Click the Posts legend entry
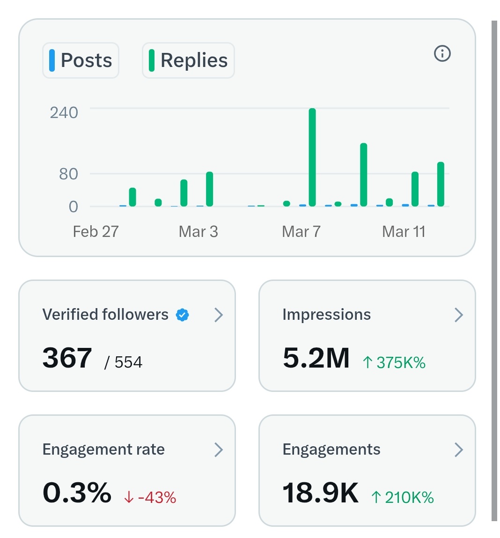tap(81, 60)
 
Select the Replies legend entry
tap(188, 60)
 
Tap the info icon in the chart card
tap(442, 53)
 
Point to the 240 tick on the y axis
tap(64, 112)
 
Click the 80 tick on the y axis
tap(68, 174)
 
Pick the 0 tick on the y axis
tap(74, 206)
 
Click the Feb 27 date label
tap(96, 231)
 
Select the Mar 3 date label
tap(198, 231)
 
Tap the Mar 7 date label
tap(301, 231)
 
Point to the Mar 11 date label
tap(404, 231)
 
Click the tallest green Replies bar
tap(312, 157)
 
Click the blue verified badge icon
tap(182, 315)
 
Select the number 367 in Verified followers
tap(67, 358)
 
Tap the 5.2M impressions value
tap(316, 358)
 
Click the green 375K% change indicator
tap(394, 362)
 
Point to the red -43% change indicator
tap(150, 497)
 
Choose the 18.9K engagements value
tap(320, 493)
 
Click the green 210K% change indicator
tap(403, 497)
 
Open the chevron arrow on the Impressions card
tap(458, 315)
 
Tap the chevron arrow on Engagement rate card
tap(218, 450)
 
